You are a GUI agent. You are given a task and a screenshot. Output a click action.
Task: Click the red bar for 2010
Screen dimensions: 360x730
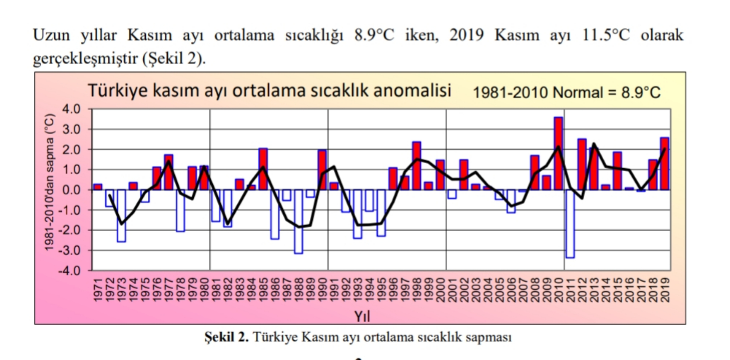click(558, 153)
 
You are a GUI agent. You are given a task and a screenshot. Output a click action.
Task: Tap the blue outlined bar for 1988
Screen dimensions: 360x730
click(298, 221)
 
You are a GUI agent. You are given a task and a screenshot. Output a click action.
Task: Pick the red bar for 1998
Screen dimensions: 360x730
click(416, 165)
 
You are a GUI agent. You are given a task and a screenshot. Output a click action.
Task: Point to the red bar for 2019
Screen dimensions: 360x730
click(664, 163)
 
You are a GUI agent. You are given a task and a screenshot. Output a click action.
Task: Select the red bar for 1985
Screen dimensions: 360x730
click(263, 169)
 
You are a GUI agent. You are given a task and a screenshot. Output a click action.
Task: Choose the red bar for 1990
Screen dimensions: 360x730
click(322, 170)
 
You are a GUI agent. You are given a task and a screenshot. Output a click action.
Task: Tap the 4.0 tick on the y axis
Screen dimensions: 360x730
click(71, 109)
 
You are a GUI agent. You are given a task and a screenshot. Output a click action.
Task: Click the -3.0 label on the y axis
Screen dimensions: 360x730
click(70, 251)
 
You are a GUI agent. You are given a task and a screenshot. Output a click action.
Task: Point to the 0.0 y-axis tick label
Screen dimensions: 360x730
click(71, 190)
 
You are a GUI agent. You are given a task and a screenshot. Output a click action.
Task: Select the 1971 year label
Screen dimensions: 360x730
click(98, 289)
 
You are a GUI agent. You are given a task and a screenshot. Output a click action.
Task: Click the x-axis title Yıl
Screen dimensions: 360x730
click(362, 316)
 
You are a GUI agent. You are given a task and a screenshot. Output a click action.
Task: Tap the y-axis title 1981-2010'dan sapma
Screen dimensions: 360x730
click(50, 182)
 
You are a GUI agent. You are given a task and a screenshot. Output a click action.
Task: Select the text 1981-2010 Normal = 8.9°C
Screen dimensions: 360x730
click(566, 93)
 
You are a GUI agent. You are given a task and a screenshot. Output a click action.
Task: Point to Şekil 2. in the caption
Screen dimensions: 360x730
click(226, 337)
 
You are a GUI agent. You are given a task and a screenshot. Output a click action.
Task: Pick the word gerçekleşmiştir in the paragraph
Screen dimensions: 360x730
click(85, 58)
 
